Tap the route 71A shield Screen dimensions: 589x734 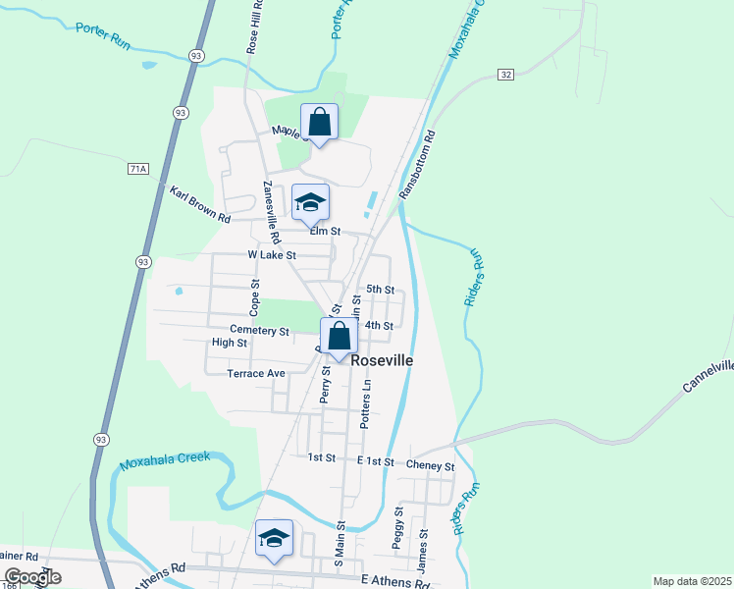[x=137, y=169]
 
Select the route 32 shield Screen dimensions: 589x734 [x=506, y=75]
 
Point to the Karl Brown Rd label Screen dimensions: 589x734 [x=199, y=203]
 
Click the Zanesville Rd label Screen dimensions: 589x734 [x=271, y=212]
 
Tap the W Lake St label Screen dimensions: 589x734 [x=272, y=254]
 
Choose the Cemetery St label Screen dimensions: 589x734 [x=259, y=331]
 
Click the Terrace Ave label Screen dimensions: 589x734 [x=255, y=373]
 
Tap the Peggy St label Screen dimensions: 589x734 [x=399, y=527]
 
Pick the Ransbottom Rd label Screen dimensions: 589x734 [x=416, y=166]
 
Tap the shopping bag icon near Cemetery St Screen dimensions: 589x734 [x=339, y=336]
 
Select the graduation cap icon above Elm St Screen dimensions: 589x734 [x=310, y=202]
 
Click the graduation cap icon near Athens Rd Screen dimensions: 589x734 [x=275, y=538]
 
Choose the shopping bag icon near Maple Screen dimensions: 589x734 [x=319, y=123]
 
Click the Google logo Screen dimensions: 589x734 [x=33, y=577]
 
